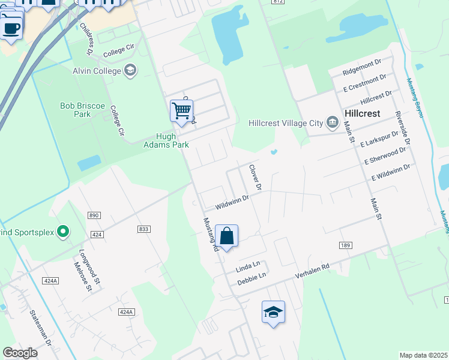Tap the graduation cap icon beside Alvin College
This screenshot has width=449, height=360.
130,71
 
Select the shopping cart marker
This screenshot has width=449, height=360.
181,111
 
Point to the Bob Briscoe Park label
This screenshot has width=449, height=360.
83,110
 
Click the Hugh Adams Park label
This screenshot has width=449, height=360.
166,140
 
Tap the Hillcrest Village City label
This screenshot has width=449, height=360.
286,123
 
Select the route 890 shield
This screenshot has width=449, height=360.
93,215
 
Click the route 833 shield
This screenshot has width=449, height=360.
143,229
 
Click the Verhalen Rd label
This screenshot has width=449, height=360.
312,271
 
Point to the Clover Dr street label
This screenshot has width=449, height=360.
255,178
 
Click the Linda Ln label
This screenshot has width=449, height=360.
247,265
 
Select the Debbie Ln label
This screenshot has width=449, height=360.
252,278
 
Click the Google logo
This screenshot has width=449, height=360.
20,352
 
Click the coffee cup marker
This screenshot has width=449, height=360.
11,28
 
